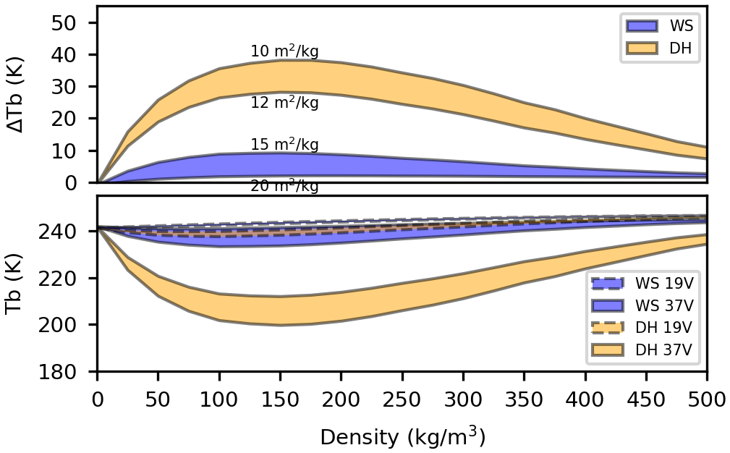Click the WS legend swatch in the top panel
pyautogui.click(x=642, y=26)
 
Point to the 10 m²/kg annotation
pyautogui.click(x=284, y=51)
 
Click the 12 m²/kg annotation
pyautogui.click(x=284, y=103)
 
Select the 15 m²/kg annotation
pyautogui.click(x=284, y=145)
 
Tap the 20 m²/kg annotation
pyautogui.click(x=284, y=186)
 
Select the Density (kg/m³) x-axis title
pyautogui.click(x=402, y=436)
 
